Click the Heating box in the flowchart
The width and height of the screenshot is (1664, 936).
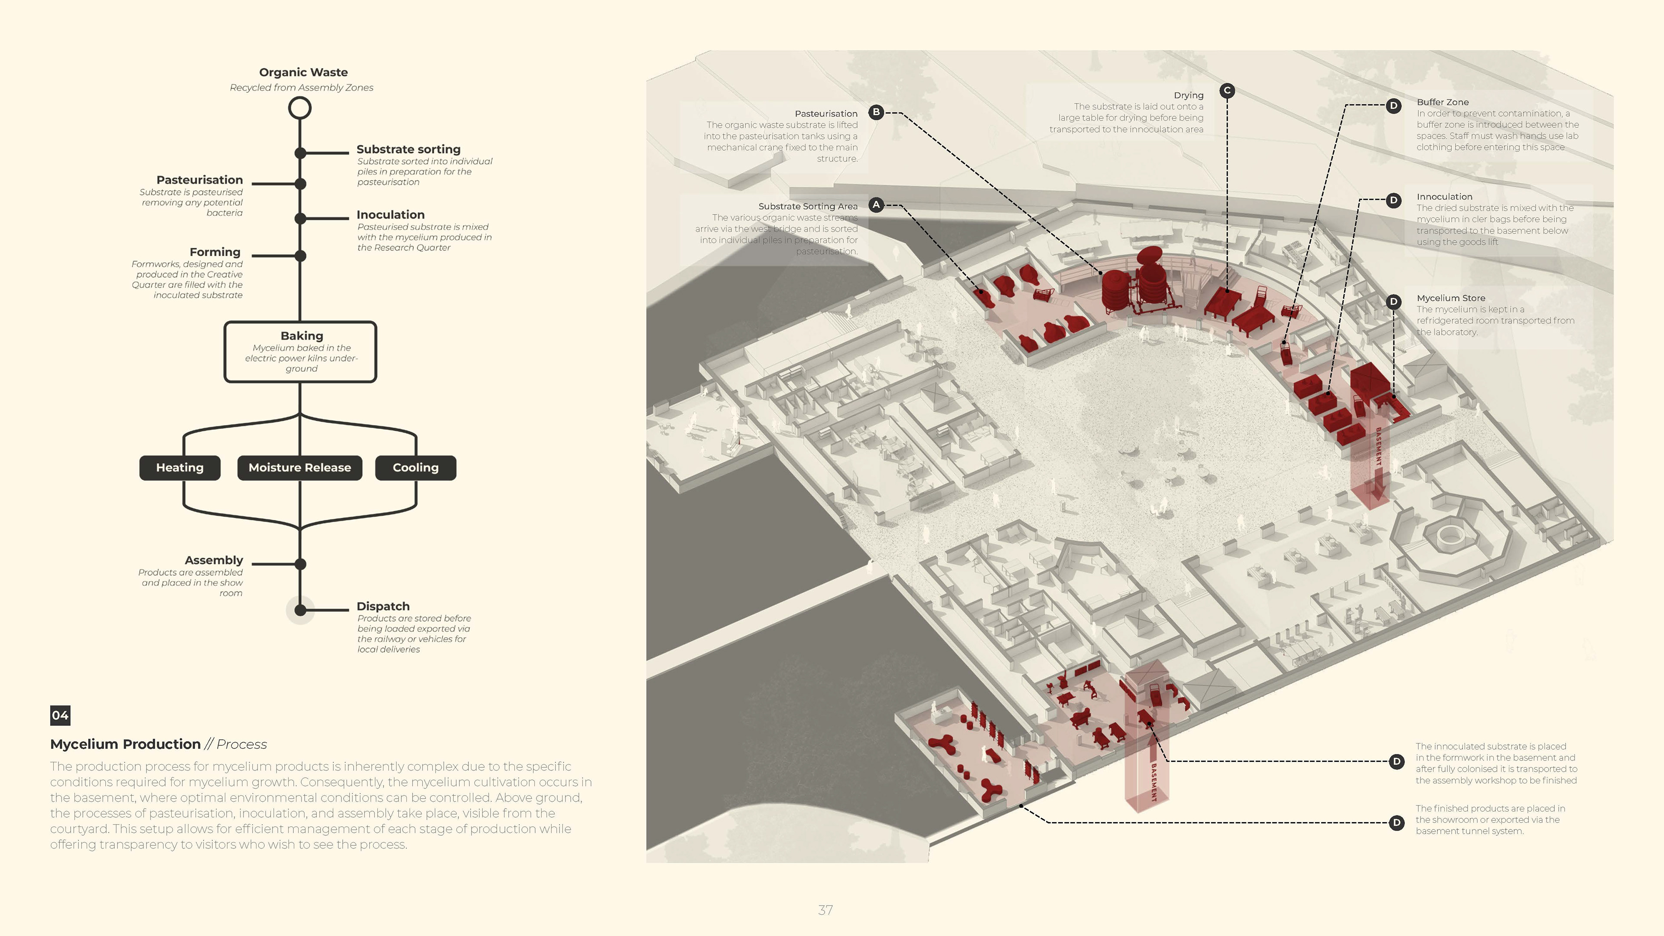point(179,468)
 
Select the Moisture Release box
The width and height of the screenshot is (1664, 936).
point(300,468)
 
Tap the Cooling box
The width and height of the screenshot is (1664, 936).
point(416,468)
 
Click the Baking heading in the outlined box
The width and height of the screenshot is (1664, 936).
point(302,336)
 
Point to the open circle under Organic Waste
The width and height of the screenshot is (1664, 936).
point(300,108)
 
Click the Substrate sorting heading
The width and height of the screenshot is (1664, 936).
point(408,149)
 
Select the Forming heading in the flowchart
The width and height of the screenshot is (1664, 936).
point(214,252)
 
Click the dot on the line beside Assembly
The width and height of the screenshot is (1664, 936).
point(300,564)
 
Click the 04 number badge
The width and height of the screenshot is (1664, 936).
point(60,715)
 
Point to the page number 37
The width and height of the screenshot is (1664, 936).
point(825,910)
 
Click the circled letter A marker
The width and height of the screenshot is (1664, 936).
point(876,205)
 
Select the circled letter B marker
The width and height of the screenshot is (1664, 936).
point(876,112)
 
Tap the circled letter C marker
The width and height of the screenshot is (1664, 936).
point(1227,91)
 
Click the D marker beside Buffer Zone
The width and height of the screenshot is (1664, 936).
point(1393,105)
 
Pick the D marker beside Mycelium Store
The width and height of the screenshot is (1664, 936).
point(1393,302)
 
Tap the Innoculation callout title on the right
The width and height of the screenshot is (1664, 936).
point(1444,196)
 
